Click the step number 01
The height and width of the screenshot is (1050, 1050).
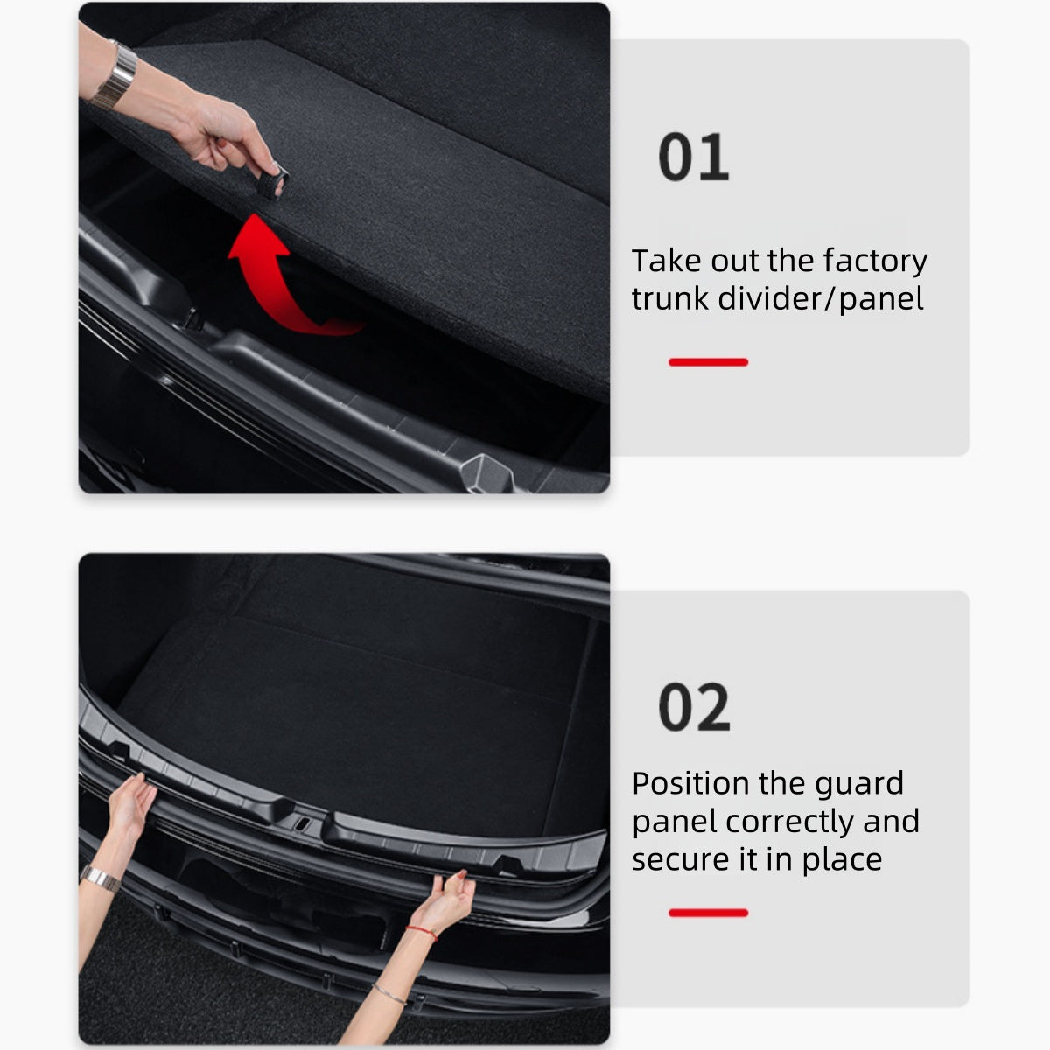(x=693, y=158)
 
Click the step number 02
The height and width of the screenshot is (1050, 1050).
(x=694, y=708)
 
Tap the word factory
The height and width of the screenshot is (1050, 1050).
(x=875, y=261)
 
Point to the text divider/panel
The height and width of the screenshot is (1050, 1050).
(x=821, y=299)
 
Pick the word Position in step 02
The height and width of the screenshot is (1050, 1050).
(x=690, y=783)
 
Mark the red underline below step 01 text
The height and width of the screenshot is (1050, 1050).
(x=708, y=362)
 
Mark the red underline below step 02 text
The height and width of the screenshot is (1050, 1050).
(x=708, y=913)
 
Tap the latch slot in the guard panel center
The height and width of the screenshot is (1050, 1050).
(x=300, y=824)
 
